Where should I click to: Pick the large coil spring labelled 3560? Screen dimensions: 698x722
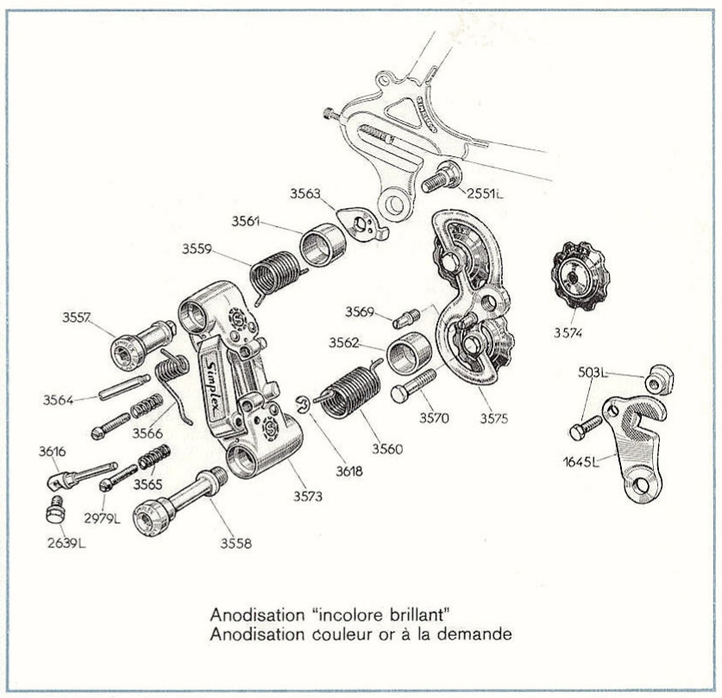356,393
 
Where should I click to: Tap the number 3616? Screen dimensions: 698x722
51,452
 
